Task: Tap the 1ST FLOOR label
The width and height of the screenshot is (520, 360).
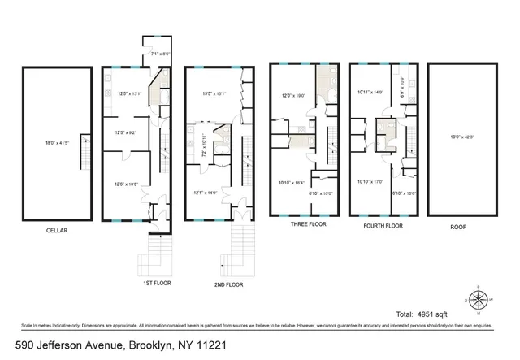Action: pos(159,284)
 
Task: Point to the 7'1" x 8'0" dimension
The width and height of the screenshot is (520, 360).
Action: pos(157,54)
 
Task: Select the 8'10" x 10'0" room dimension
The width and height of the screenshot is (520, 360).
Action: pos(322,193)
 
